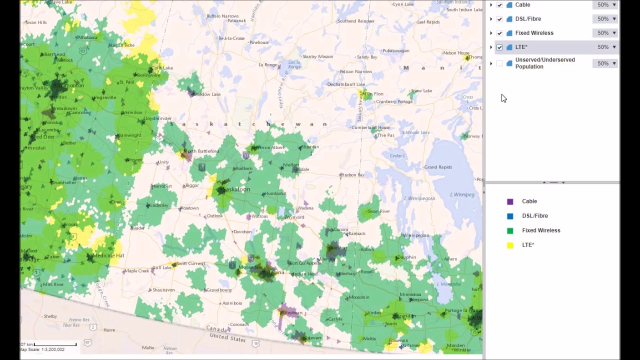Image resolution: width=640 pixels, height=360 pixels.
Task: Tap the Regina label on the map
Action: pos(275,272)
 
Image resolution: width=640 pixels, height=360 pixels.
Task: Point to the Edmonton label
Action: pos(71,85)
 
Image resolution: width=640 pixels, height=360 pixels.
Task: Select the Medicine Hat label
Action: pos(108,255)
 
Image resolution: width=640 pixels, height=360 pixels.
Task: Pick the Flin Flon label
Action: pos(374,94)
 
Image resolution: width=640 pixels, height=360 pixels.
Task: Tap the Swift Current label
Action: pos(190,263)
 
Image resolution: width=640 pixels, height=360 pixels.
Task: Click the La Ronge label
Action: pos(267,65)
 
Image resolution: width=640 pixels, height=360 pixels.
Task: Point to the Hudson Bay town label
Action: pos(353,175)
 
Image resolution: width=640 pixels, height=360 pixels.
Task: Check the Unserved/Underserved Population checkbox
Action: pos(499,63)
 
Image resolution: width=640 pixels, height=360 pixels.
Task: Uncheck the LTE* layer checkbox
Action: pos(499,47)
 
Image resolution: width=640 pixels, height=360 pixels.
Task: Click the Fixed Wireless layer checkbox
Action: pos(499,33)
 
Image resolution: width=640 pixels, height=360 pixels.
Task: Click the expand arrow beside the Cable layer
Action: pos(491,5)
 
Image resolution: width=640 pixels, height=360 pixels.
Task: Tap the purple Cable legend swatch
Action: pos(510,201)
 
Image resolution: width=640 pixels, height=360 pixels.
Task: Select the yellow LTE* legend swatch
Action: pos(510,245)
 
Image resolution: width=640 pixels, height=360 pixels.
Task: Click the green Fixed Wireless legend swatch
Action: pos(510,230)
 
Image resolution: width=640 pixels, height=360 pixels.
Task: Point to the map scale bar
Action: pos(55,344)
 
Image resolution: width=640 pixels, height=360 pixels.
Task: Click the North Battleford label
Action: pos(201,151)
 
